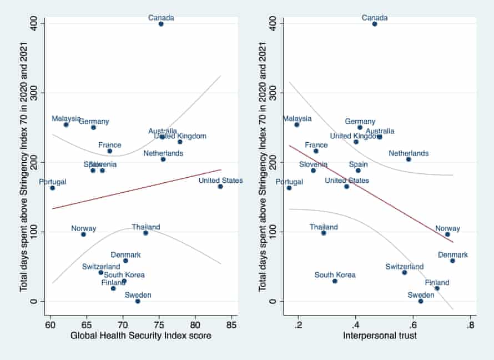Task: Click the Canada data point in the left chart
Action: click(x=161, y=24)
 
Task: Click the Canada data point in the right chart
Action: click(x=375, y=24)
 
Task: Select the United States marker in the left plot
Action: click(x=220, y=187)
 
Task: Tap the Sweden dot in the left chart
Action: click(x=138, y=301)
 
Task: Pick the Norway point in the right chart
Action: click(x=447, y=234)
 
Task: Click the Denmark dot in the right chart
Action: click(x=452, y=261)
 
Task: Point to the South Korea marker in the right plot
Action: click(x=335, y=281)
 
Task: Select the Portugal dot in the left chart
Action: click(x=52, y=188)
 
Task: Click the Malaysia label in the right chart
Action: click(x=297, y=118)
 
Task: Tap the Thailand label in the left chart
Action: click(x=146, y=227)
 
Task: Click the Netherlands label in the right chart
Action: click(x=409, y=153)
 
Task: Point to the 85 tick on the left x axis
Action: click(x=231, y=324)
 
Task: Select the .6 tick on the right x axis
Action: click(x=413, y=324)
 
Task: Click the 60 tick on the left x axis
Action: click(x=51, y=324)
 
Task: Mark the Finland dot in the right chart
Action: click(x=437, y=288)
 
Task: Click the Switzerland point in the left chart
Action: click(x=100, y=272)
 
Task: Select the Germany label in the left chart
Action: click(x=94, y=121)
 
